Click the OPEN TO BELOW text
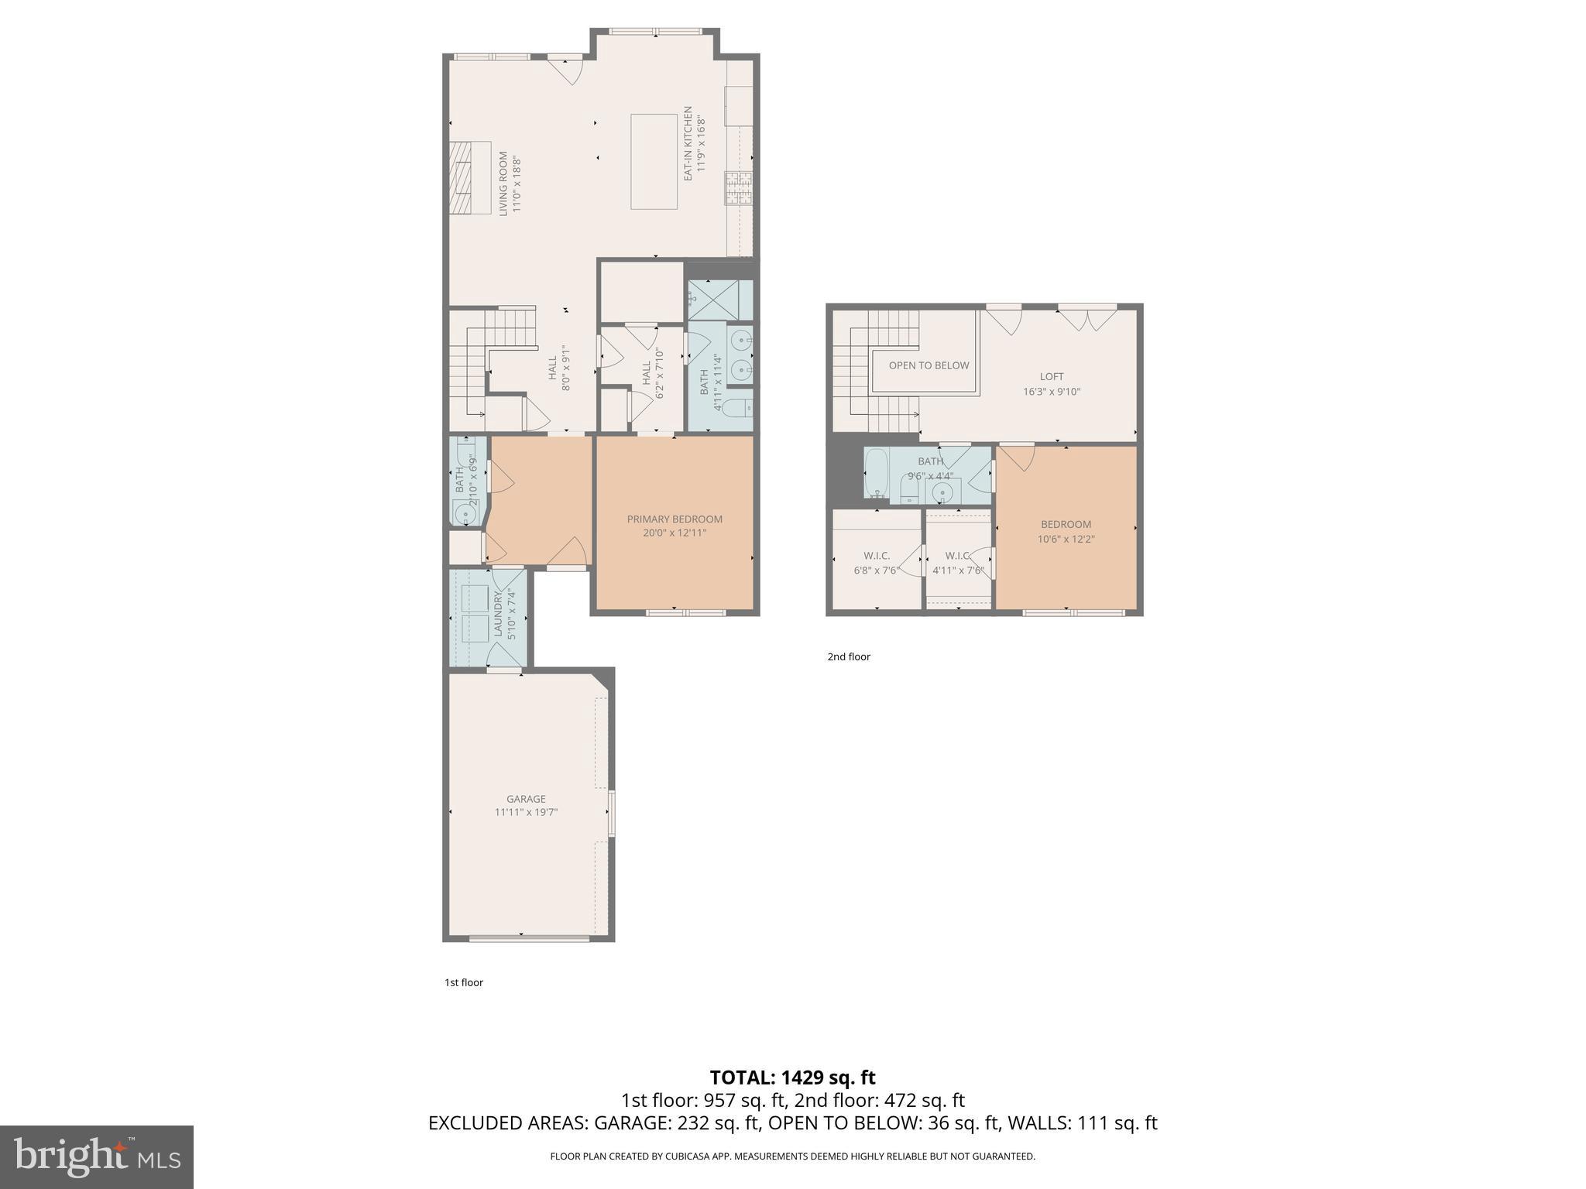929,365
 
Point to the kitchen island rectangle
654,162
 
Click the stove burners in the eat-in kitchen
738,188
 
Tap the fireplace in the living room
472,177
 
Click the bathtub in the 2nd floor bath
877,471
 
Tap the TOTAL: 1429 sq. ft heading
792,1078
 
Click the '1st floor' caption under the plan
463,982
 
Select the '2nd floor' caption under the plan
849,656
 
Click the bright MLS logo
96,1156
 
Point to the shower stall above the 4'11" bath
720,300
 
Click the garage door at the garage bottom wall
529,938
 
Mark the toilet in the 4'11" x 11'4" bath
738,407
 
